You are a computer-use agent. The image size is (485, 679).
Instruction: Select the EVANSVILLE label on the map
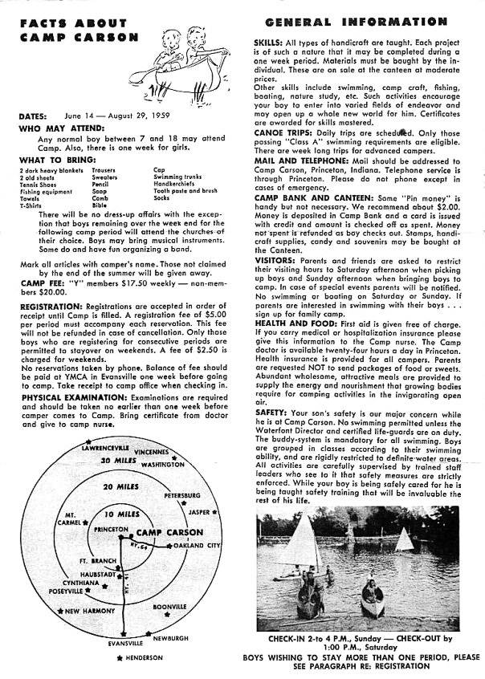125,643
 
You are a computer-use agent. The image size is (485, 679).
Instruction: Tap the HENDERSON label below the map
142,657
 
